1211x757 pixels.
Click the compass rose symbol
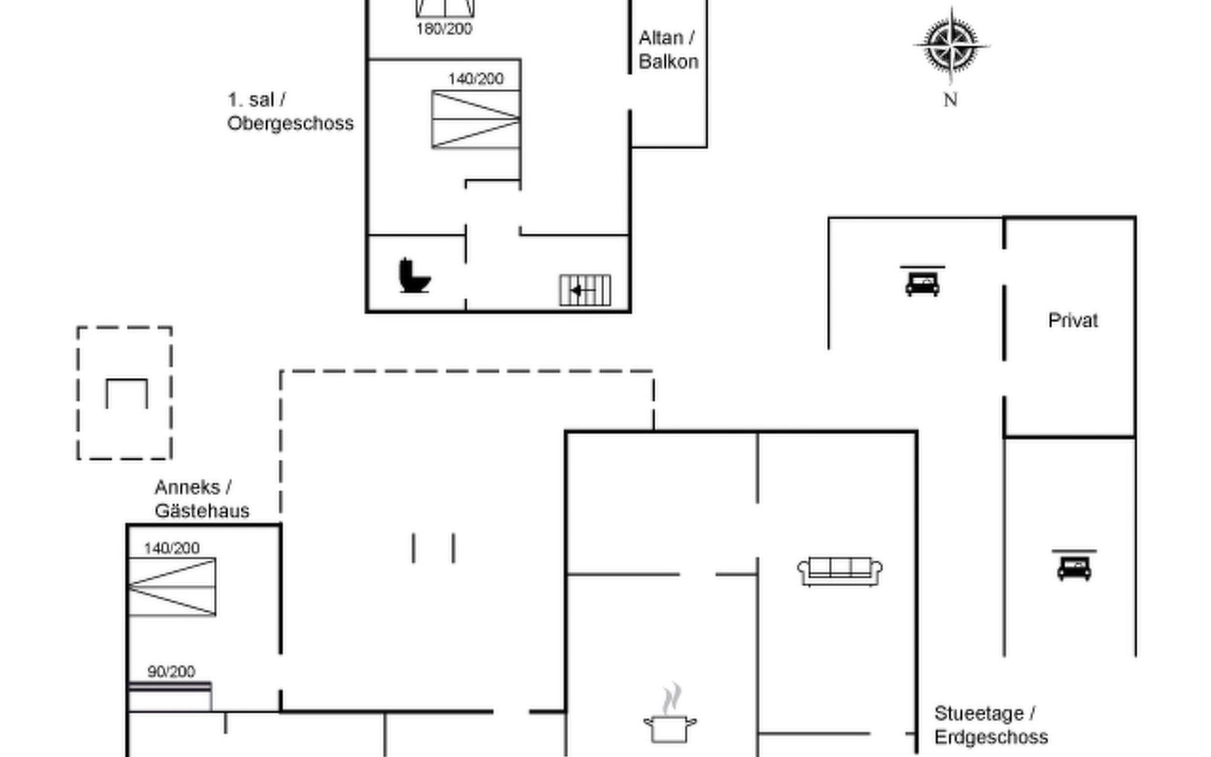[951, 46]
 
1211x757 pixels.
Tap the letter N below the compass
[951, 100]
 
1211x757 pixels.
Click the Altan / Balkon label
[668, 50]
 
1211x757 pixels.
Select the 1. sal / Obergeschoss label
[290, 112]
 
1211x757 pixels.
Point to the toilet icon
[414, 276]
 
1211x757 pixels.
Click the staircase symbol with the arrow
[585, 290]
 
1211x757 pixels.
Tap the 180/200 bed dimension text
[444, 29]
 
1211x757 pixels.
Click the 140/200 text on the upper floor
[476, 79]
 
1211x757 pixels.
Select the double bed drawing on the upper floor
[476, 120]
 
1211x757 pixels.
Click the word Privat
[1072, 320]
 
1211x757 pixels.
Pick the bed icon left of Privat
[922, 281]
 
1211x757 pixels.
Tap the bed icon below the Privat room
[1074, 566]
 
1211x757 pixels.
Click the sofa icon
[840, 571]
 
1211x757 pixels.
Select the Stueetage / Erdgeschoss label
[990, 725]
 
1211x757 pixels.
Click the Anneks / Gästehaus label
[201, 499]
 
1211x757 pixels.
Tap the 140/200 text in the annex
[172, 548]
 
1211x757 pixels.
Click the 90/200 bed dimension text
[171, 672]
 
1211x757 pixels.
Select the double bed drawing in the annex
[172, 587]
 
